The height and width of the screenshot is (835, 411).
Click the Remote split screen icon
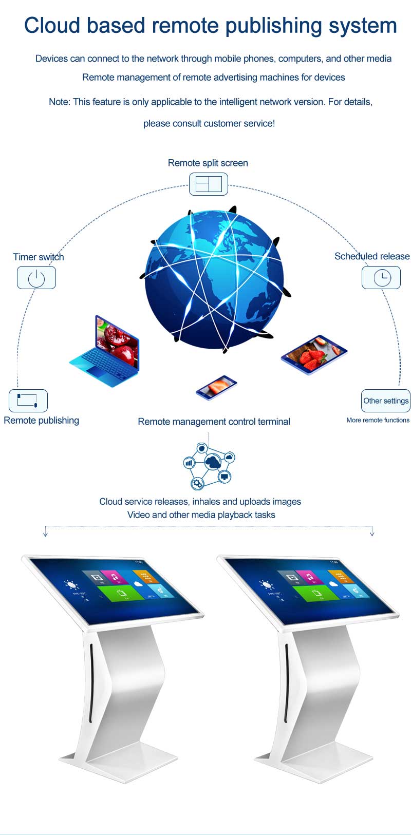pos(208,184)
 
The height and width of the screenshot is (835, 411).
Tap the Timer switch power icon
pos(36,277)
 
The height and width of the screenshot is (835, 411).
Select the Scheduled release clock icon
pos(381,277)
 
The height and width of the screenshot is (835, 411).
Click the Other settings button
pos(386,401)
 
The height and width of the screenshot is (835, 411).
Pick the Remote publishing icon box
pos(28,400)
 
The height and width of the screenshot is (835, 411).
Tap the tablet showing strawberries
pos(314,354)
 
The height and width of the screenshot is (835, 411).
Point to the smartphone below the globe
pos(216,387)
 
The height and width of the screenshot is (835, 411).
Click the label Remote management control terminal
pos(214,422)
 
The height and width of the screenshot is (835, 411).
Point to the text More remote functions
pos(378,420)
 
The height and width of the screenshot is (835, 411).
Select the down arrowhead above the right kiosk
pos(372,534)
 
